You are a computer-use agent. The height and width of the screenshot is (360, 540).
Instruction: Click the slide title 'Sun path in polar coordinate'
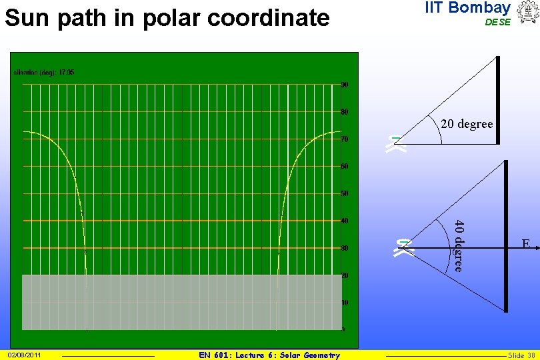[x=167, y=18]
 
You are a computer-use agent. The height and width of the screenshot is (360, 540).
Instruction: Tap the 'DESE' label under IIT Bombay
[x=497, y=22]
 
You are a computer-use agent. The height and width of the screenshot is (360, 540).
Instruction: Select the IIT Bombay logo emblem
[x=525, y=13]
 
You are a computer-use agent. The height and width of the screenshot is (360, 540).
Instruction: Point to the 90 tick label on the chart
[x=345, y=85]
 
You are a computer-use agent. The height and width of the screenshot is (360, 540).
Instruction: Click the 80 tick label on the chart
[x=345, y=111]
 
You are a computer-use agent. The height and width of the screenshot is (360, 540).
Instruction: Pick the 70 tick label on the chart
[x=345, y=139]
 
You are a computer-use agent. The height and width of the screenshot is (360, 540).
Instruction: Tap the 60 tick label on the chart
[x=345, y=166]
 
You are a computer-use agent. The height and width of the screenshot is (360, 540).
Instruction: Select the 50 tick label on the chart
[x=345, y=193]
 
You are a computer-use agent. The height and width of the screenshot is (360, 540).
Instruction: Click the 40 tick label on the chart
[x=345, y=221]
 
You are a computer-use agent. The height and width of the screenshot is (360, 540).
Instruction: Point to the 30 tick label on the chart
[x=345, y=248]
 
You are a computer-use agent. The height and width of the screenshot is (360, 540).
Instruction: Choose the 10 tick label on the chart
[x=345, y=303]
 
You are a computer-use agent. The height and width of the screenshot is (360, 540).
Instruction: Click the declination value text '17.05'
[x=67, y=71]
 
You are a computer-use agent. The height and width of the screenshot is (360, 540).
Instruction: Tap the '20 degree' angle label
[x=467, y=124]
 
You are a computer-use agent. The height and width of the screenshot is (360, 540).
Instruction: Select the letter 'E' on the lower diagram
[x=526, y=244]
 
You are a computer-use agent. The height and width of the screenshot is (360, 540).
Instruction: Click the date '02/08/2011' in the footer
[x=25, y=355]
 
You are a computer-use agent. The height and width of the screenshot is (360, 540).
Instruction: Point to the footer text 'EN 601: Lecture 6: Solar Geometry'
[x=269, y=355]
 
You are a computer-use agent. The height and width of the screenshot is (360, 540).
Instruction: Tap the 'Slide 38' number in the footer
[x=521, y=355]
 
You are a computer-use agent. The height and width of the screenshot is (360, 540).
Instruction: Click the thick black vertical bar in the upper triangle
[x=497, y=100]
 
